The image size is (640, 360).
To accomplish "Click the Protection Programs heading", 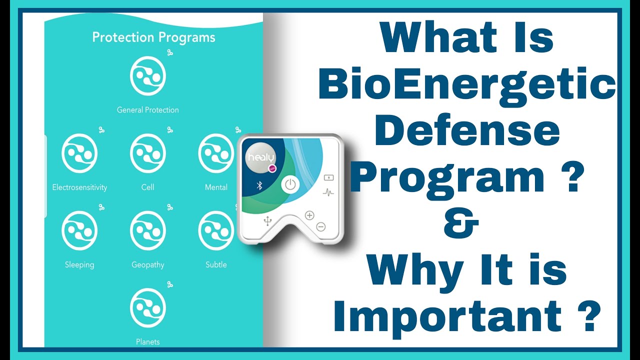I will click(x=153, y=37).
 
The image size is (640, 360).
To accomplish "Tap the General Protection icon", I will click(x=147, y=76).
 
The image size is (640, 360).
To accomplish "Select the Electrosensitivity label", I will click(x=79, y=187).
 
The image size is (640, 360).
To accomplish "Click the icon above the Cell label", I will click(x=147, y=153).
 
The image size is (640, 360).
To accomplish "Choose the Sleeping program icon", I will click(x=79, y=230).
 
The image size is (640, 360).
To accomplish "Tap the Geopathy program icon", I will click(x=147, y=230).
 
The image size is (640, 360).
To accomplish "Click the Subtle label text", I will click(x=216, y=265).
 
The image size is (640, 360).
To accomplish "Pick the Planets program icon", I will click(x=147, y=307).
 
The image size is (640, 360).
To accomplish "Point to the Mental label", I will click(x=216, y=187).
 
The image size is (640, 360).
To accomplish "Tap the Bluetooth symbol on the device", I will click(x=259, y=185).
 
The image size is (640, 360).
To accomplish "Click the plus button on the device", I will click(x=309, y=215).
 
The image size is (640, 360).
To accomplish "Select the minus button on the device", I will click(x=321, y=226).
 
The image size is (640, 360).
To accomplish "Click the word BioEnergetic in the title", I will click(x=467, y=85).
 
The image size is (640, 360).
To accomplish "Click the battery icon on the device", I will click(x=328, y=177).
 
